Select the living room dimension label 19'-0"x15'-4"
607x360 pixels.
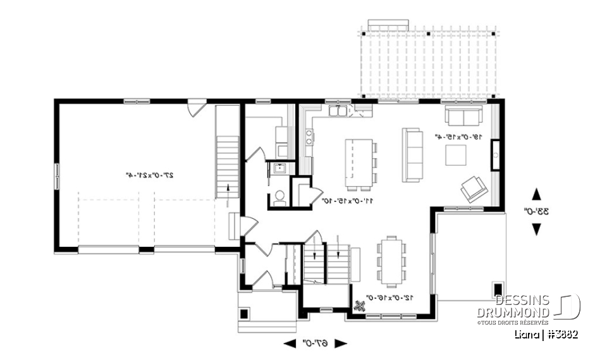[458, 136]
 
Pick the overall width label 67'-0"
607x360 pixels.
[315, 344]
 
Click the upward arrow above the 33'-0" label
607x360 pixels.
[536, 194]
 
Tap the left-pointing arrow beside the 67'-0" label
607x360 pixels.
[290, 344]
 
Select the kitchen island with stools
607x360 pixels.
[358, 163]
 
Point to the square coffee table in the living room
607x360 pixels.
[455, 155]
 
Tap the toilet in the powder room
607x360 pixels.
[279, 198]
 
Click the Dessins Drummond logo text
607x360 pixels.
[522, 306]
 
